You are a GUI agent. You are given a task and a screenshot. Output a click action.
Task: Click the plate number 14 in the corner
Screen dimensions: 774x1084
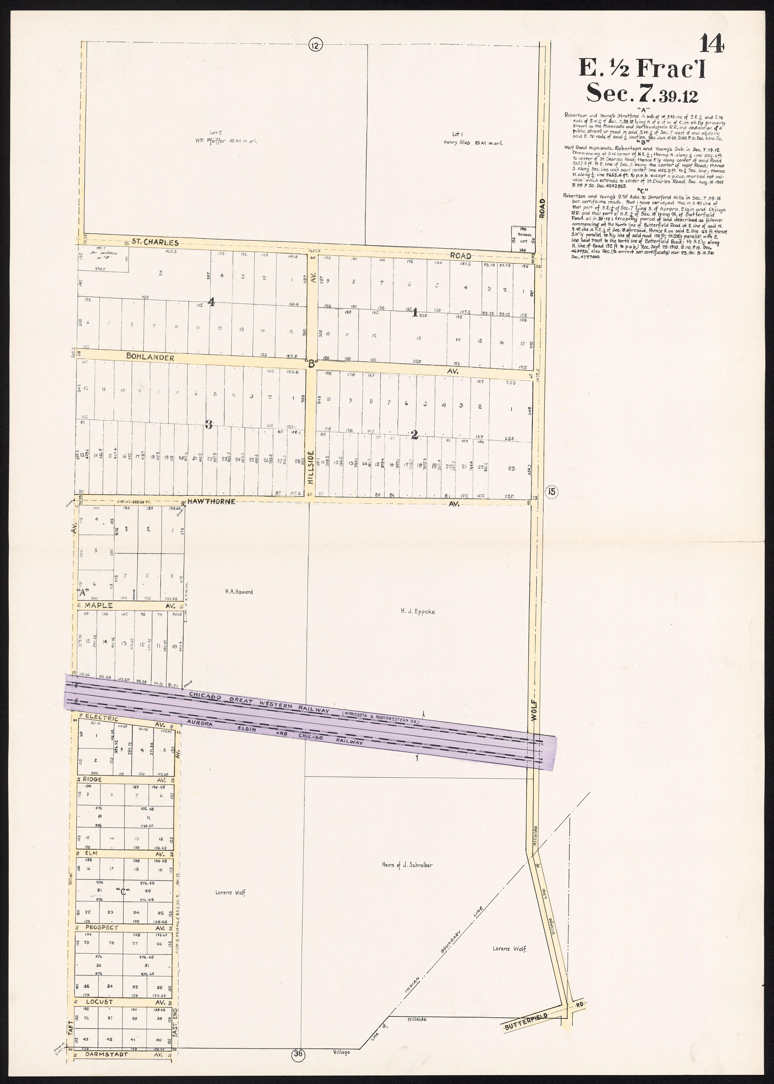coord(712,44)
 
